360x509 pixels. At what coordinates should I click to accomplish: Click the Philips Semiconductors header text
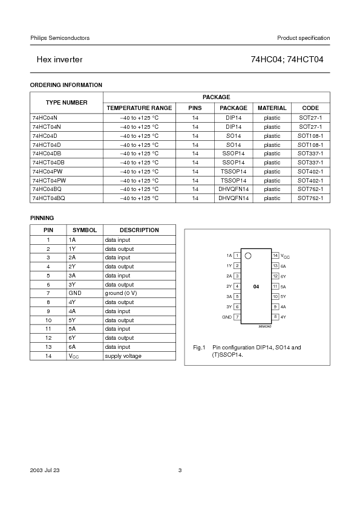[60, 38]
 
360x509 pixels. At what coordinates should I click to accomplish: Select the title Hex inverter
[60, 60]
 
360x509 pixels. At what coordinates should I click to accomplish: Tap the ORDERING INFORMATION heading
[66, 85]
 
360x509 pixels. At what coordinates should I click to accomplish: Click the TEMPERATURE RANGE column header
[139, 108]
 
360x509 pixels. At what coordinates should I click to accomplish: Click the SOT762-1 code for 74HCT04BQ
[310, 198]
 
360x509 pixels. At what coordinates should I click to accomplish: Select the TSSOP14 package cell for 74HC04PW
[234, 172]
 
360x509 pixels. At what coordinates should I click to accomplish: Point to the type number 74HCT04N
[47, 127]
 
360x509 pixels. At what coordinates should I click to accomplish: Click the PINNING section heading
[42, 218]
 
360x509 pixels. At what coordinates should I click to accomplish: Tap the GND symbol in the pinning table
[74, 293]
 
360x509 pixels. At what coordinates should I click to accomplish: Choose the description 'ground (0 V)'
[121, 293]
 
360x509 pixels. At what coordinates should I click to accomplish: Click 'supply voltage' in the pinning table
[123, 356]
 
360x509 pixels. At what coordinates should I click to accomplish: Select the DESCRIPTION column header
[139, 230]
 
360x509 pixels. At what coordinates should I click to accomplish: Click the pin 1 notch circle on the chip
[248, 256]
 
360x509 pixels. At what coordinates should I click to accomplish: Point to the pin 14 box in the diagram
[275, 256]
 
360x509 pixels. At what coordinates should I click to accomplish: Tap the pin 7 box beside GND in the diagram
[237, 317]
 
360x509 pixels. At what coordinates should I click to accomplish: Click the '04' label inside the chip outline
[256, 287]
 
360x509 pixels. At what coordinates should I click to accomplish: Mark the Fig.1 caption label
[200, 348]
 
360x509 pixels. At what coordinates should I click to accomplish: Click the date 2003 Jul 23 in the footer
[45, 470]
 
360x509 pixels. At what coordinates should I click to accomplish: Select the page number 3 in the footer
[180, 470]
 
